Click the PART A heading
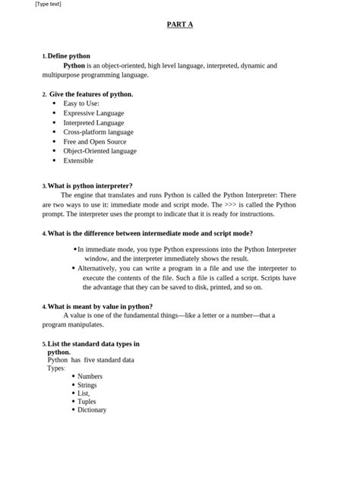pos(180,25)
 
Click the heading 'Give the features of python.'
pos(91,94)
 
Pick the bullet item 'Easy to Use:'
pos(81,103)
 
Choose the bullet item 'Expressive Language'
pos(93,113)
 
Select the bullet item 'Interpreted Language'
pos(93,122)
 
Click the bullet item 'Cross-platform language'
pos(98,132)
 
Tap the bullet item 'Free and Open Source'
pos(95,141)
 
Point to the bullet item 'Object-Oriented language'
pos(99,151)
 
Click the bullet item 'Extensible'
pos(78,160)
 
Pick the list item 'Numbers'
pos(90,376)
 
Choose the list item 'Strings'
pos(87,385)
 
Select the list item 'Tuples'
pos(87,401)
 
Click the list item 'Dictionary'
pos(92,410)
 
